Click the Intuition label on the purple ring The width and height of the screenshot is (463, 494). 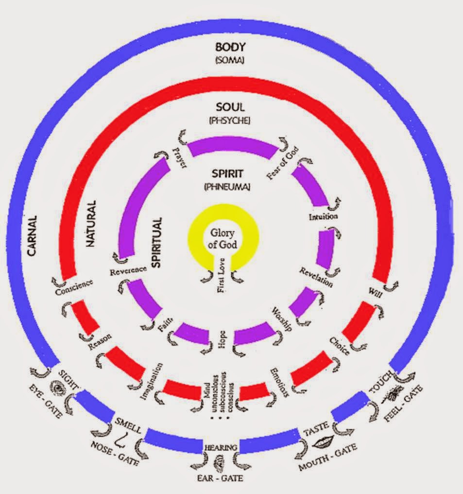[323, 216]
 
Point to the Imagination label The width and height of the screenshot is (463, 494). [151, 382]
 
